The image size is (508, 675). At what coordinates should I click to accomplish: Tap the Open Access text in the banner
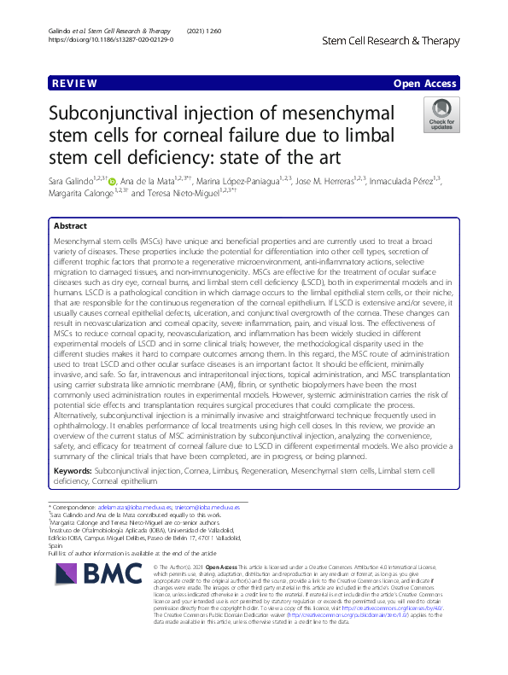pyautogui.click(x=425, y=84)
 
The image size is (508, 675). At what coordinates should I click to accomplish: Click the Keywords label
pyautogui.click(x=73, y=470)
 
